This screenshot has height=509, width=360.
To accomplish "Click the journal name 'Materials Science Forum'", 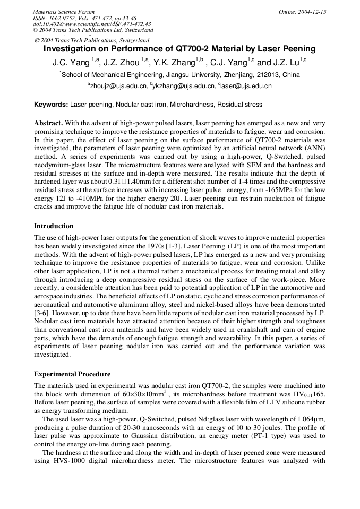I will [64, 12].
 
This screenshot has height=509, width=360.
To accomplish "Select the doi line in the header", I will [91, 24].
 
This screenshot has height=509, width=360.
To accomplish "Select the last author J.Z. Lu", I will [287, 62].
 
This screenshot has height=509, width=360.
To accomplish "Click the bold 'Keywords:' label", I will [51, 105].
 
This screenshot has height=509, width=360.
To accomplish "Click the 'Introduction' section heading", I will [54, 226].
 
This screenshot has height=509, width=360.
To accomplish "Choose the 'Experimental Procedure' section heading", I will [72, 374].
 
